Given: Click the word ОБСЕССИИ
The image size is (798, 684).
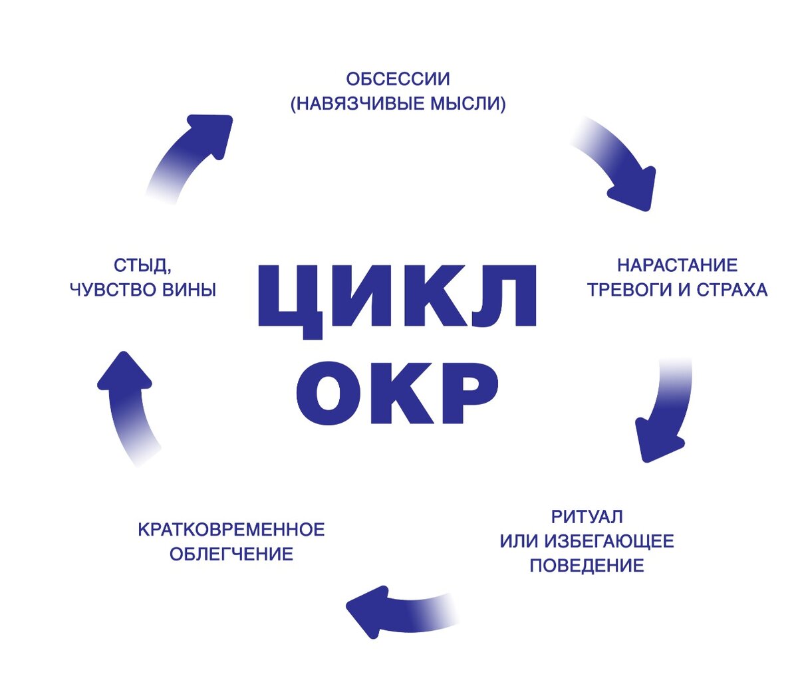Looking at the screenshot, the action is coord(398,79).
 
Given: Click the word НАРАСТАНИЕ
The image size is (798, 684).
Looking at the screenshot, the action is coord(677,265).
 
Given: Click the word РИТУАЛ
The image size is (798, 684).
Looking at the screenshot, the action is coord(587,516).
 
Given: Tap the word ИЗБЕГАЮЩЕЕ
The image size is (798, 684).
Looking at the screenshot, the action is coord(608,541).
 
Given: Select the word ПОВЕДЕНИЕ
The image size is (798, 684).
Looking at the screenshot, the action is coord(587,566).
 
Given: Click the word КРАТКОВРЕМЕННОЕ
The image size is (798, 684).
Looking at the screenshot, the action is coord(231,530).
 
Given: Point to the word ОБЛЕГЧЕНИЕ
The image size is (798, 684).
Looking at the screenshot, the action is coord(231,554).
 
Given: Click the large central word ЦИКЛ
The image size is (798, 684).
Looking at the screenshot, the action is coord(396,296).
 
